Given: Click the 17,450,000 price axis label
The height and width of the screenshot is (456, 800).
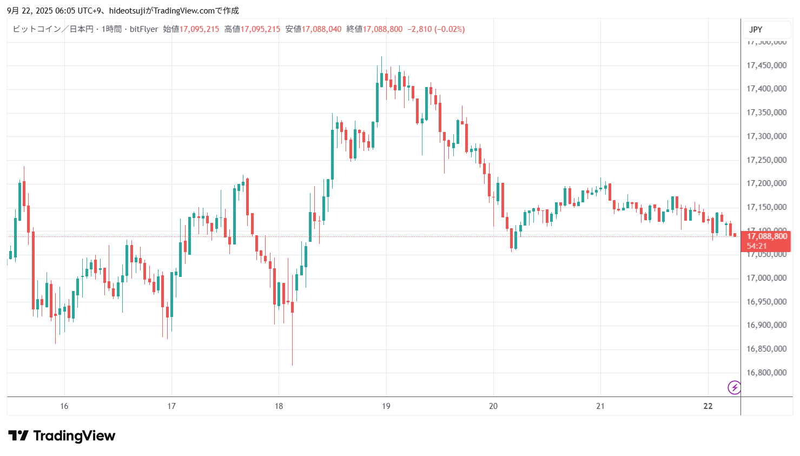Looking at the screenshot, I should [766, 65].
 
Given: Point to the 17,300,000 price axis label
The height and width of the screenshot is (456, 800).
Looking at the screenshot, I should [766, 136].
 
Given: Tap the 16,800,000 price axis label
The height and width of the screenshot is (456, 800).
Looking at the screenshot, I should [766, 373].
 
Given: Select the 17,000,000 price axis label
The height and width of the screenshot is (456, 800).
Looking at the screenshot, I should [766, 278].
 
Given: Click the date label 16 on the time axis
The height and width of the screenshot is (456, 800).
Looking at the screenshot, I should [64, 406].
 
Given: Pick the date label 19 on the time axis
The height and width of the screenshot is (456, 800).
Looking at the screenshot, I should [386, 406].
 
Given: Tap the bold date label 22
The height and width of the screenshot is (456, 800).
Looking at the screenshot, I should [708, 406].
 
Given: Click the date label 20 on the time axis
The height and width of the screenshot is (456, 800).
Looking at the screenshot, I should [493, 406].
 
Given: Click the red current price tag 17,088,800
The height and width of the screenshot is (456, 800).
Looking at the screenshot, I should [766, 236].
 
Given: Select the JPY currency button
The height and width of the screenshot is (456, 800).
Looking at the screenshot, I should [756, 30].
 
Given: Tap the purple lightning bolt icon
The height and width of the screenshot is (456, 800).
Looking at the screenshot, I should [734, 387].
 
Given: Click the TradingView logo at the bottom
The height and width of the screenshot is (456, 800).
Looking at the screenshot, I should [62, 436].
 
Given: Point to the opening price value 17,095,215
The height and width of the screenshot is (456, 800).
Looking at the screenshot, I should [199, 29].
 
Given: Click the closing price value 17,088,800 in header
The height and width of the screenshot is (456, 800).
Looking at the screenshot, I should [382, 29].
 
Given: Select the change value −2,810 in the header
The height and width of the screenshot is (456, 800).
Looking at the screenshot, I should [419, 29].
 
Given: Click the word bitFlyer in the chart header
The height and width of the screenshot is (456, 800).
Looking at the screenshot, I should [144, 29].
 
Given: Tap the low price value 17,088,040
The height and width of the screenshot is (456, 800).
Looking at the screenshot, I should [321, 29].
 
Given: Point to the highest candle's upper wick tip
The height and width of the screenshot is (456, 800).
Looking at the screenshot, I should [381, 57].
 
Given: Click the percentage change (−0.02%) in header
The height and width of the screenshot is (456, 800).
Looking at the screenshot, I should [449, 29].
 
